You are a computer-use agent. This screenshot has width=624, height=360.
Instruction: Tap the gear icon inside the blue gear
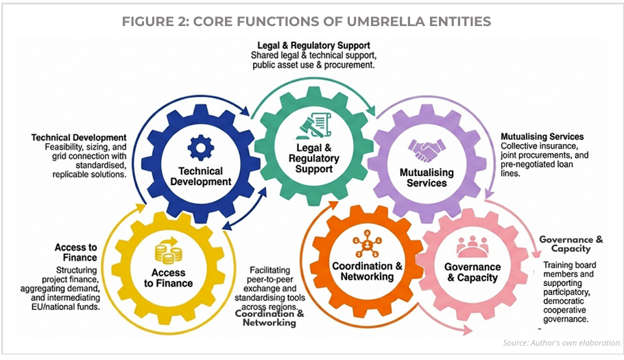pos(201,147)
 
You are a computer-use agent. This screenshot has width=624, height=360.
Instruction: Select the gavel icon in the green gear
pos(308,129)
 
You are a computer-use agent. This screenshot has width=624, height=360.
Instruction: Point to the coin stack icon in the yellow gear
pos(167,251)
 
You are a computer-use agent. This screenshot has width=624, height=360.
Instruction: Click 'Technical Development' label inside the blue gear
pos(202,176)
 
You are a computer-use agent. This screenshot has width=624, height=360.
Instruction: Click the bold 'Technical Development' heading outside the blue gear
pos(79,137)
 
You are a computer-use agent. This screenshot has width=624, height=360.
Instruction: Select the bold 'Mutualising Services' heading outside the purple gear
pos(542,136)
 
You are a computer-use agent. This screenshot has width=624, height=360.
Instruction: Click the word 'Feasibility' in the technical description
pos(64,147)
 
